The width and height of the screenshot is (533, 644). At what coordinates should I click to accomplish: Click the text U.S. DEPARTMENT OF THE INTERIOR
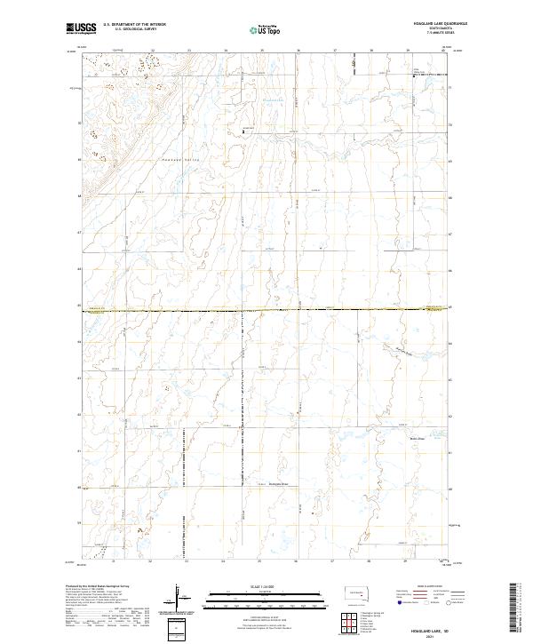pos(135,25)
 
